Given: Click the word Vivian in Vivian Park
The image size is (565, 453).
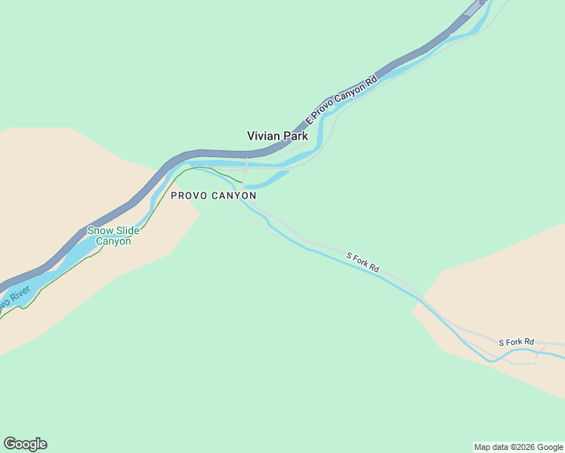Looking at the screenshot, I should click(265, 137).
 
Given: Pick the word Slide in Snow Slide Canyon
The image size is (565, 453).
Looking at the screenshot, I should click(126, 231).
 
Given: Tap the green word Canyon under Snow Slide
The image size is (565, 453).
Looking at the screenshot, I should click(113, 242).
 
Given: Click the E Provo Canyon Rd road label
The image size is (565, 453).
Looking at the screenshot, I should click(341, 100).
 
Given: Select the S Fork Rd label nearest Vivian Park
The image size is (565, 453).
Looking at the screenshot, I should click(363, 262).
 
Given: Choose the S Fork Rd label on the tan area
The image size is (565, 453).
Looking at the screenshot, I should click(516, 343).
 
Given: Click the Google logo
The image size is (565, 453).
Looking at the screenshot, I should click(25, 444).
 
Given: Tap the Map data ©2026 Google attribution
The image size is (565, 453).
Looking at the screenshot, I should click(519, 447).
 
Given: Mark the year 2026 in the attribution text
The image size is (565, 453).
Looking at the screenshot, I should click(523, 447).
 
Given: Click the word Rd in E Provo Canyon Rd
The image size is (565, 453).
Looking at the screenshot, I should click(371, 80).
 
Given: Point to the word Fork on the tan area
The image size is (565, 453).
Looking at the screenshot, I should click(515, 343).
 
